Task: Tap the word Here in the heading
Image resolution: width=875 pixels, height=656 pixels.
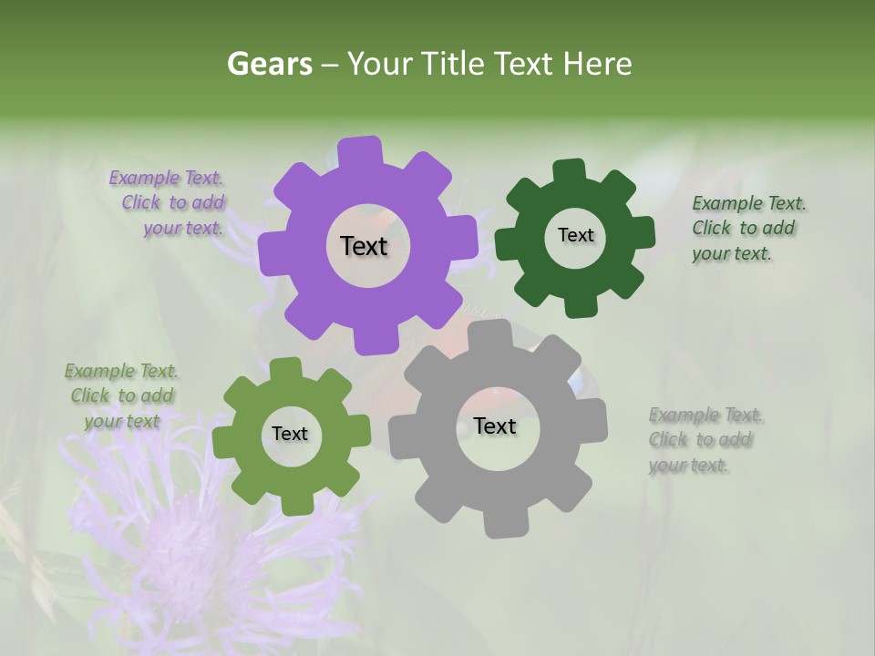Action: (x=597, y=64)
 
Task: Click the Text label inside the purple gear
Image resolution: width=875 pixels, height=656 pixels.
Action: (x=364, y=246)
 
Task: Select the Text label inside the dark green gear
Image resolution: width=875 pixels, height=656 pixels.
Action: (x=575, y=235)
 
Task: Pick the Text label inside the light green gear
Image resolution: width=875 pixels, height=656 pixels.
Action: (x=290, y=434)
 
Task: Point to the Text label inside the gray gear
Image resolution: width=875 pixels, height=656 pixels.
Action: (x=495, y=425)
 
